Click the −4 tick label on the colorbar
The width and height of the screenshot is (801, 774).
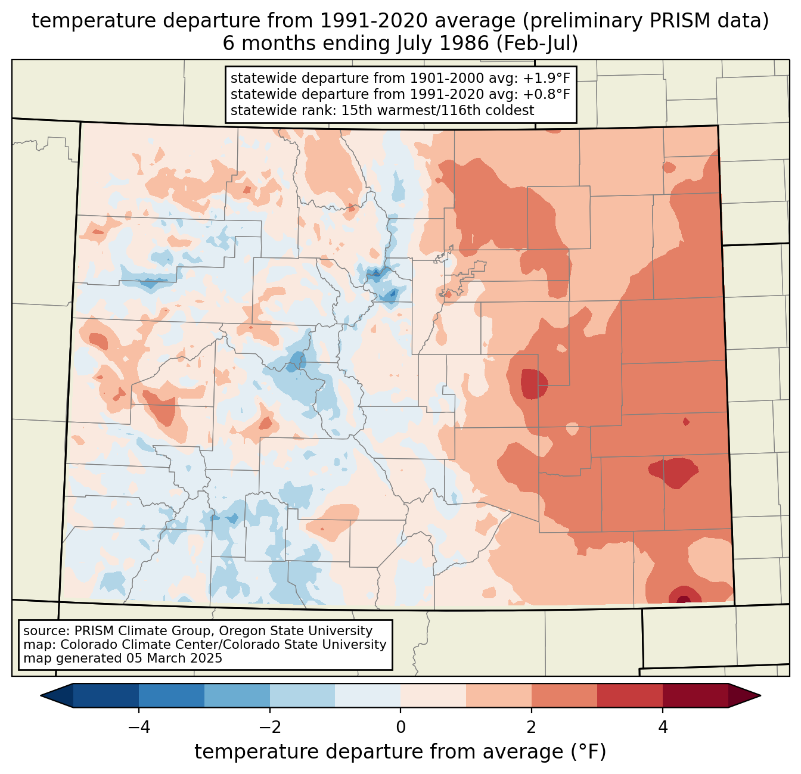point(139,728)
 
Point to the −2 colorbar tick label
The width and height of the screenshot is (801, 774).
point(269,728)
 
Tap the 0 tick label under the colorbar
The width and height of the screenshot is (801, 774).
point(401,728)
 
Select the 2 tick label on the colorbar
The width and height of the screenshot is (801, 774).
point(532,728)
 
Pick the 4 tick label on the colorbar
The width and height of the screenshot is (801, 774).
point(662,728)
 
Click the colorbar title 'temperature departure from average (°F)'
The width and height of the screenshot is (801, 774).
point(400,752)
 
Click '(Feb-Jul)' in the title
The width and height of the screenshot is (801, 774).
point(537,43)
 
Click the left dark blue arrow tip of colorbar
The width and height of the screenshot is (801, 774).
point(41,696)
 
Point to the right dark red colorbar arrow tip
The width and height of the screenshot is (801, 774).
point(760,696)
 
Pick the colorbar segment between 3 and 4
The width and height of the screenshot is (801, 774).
point(630,696)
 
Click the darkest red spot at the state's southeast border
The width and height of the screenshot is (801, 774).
point(684,599)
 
